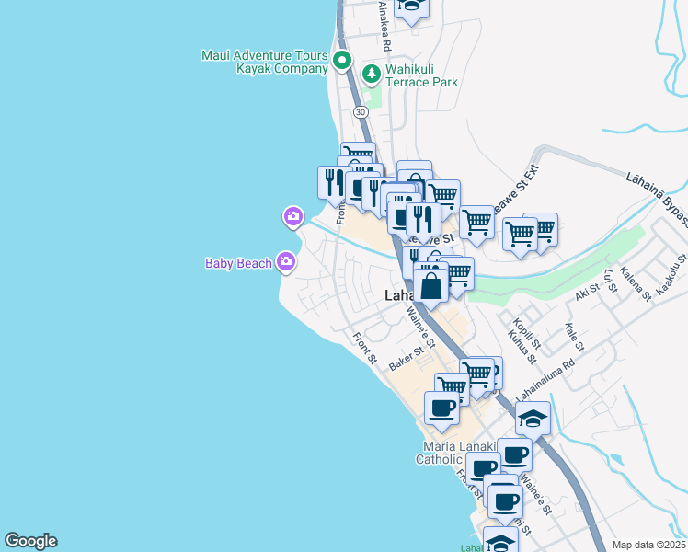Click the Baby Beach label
tap(238, 264)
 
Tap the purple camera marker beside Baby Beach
tap(286, 262)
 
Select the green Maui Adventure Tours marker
tap(342, 62)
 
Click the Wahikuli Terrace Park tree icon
tap(372, 73)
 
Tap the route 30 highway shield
tap(360, 111)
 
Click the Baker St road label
tap(410, 357)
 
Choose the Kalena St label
tap(634, 283)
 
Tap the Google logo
tap(30, 541)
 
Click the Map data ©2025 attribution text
tap(648, 545)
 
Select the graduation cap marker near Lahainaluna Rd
tap(533, 419)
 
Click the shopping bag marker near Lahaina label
tap(430, 284)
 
